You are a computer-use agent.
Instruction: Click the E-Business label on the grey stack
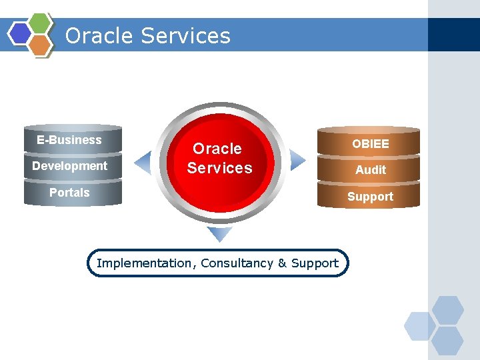[x=69, y=140]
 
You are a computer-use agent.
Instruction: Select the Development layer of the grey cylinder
[x=69, y=166]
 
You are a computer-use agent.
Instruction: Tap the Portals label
[x=69, y=193]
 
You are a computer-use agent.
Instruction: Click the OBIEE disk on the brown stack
[x=370, y=143]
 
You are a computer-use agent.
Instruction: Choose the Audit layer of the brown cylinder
[x=370, y=170]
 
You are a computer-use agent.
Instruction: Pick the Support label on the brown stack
[x=370, y=197]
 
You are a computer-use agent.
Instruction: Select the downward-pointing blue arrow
[x=219, y=234]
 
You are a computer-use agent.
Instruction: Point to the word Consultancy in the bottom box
[x=236, y=263]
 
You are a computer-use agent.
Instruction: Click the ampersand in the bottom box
[x=282, y=263]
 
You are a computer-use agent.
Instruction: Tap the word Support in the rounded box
[x=315, y=263]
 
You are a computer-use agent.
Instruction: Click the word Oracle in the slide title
[x=96, y=35]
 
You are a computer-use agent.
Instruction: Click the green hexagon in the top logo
[x=41, y=23]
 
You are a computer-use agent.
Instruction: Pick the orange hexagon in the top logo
[x=41, y=45]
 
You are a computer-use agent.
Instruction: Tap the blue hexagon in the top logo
[x=20, y=33]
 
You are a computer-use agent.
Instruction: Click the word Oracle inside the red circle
[x=217, y=149]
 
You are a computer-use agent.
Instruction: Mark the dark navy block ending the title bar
[x=453, y=35]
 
